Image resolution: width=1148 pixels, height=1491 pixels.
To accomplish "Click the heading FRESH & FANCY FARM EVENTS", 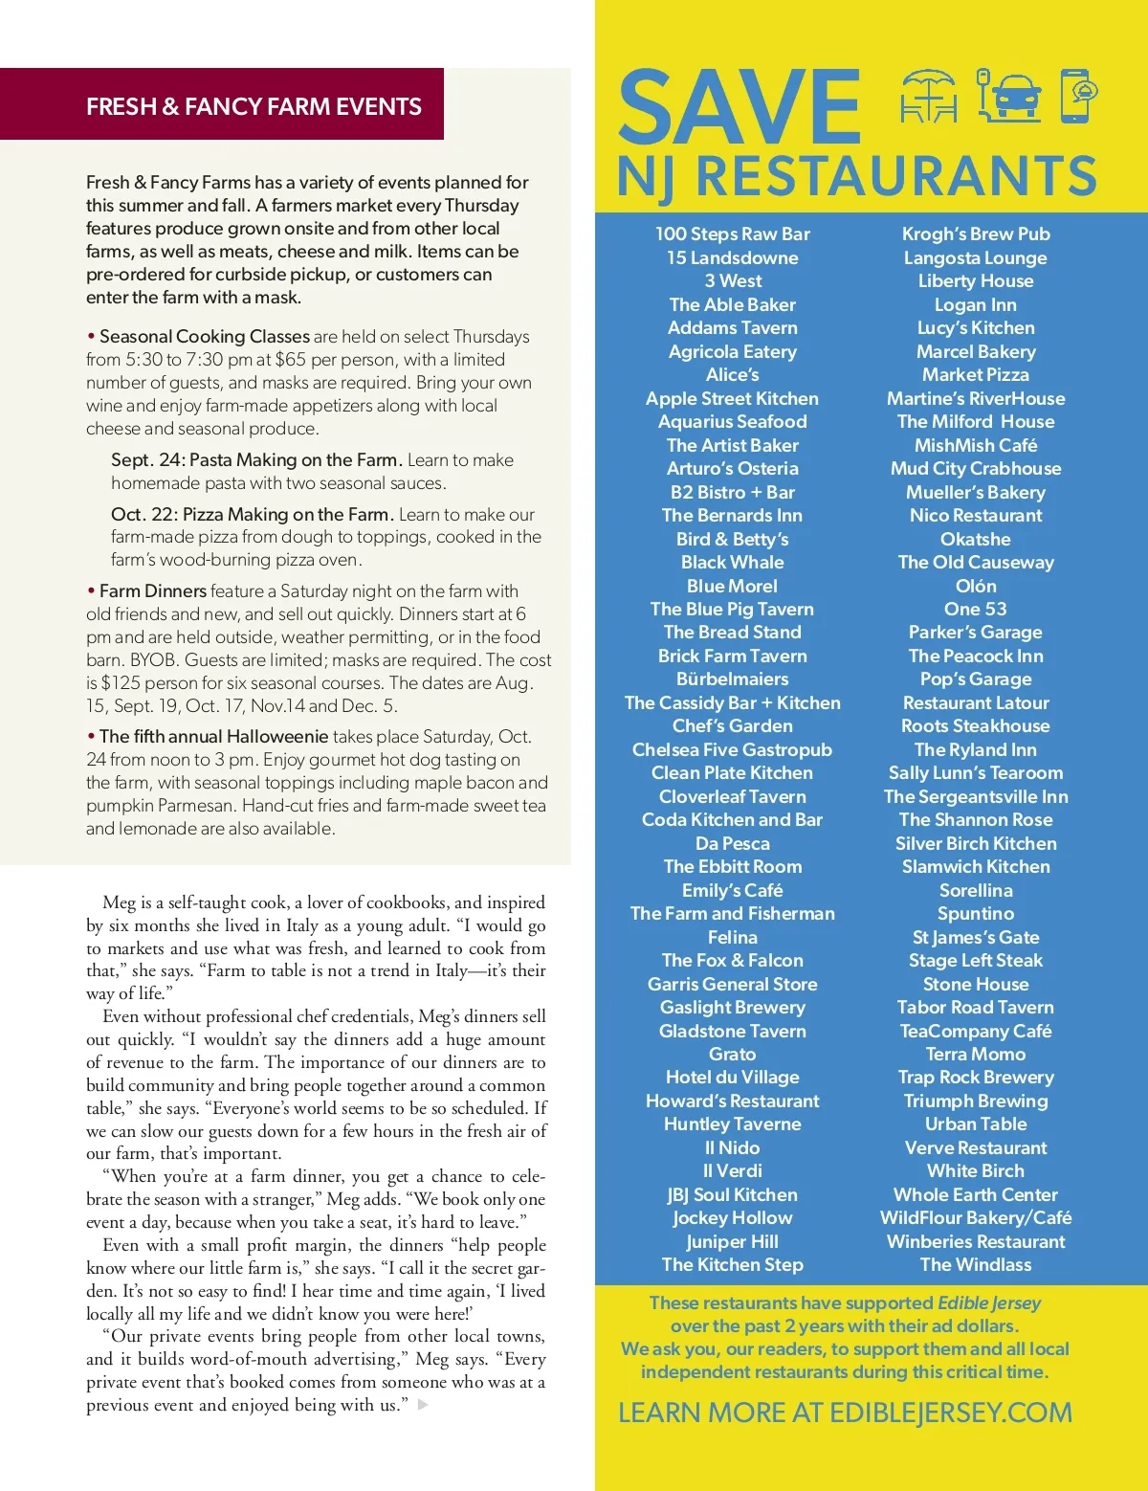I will pyautogui.click(x=254, y=106).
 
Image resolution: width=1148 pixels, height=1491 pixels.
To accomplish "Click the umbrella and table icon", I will pyautogui.click(x=928, y=97).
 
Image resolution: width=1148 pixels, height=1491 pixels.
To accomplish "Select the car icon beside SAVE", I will pyautogui.click(x=1009, y=96).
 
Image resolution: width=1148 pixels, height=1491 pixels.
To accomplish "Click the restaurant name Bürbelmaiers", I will pyautogui.click(x=732, y=679).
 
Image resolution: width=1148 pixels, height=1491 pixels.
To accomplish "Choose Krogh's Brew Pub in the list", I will pyautogui.click(x=976, y=234).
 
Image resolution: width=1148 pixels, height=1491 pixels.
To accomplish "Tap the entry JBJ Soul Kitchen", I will pyautogui.click(x=732, y=1194).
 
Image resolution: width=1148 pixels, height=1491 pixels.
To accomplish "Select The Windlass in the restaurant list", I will pyautogui.click(x=976, y=1265).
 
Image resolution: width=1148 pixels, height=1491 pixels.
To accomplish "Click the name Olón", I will pyautogui.click(x=976, y=586).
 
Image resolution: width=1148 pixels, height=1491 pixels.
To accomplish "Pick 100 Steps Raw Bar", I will pyautogui.click(x=732, y=234).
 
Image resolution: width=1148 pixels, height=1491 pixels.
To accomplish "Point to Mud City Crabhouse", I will pyautogui.click(x=976, y=469).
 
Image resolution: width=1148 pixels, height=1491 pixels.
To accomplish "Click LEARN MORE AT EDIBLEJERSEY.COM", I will pyautogui.click(x=845, y=1413).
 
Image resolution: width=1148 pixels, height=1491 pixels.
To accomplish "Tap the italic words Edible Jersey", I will pyautogui.click(x=989, y=1302).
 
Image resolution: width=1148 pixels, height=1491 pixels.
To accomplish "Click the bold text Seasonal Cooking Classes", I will pyautogui.click(x=204, y=337).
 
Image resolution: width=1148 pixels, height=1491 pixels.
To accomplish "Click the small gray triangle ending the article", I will pyautogui.click(x=423, y=1405).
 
